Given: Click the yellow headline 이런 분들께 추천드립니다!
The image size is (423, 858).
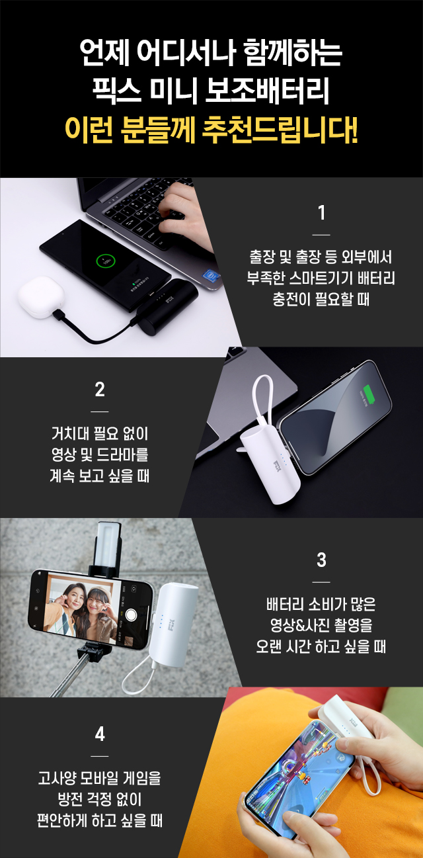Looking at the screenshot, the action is pos(211,130).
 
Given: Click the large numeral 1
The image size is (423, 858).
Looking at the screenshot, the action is pos(322,213).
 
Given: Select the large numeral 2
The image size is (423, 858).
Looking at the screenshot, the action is pos(100,390).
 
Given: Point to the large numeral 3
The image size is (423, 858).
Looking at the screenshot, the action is pos(322,560).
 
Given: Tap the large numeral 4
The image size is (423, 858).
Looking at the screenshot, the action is pos(100,734).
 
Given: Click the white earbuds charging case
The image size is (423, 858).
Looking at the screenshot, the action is pos(41,297).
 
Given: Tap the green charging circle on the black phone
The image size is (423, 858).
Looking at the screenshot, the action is pos(106,262).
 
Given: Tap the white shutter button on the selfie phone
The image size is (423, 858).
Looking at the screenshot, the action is pos(131,615).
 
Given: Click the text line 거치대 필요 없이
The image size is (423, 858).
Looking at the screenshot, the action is pos(100,433).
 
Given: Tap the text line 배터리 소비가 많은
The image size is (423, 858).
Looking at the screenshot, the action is pos(321,605).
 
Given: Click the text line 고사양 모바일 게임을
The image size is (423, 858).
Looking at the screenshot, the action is pos(100,778).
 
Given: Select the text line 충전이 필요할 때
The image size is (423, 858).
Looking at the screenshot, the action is pos(321,299).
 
